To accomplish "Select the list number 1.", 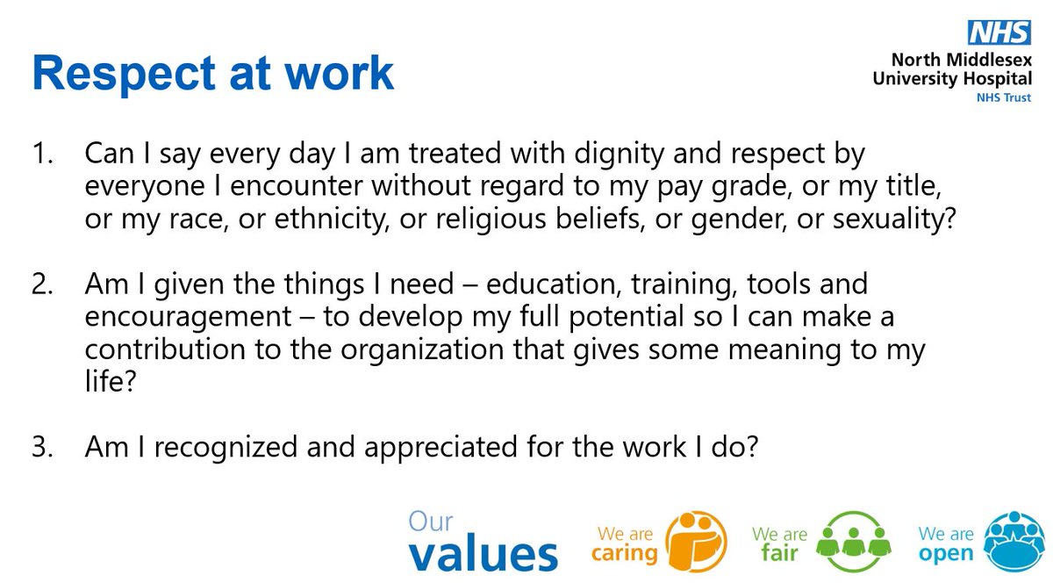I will (x=43, y=155).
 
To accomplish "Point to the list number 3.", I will (x=43, y=447).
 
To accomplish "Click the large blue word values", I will (x=483, y=554).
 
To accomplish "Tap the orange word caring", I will (x=625, y=554).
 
